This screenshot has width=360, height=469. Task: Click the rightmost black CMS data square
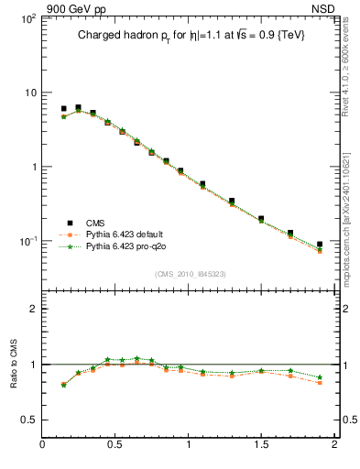click(x=320, y=245)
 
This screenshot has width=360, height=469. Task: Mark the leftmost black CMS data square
click(x=63, y=109)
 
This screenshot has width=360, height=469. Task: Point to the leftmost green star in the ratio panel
click(x=63, y=385)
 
